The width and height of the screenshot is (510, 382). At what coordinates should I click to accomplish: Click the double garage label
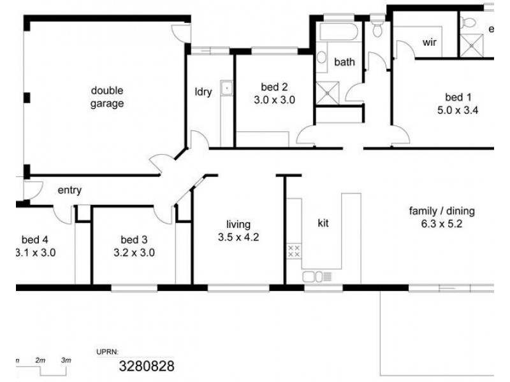point(107,97)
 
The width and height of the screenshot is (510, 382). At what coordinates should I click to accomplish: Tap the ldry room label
point(203,92)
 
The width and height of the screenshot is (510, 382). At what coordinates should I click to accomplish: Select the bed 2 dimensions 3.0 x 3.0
point(275,100)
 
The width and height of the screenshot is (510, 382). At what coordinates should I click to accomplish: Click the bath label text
point(344,62)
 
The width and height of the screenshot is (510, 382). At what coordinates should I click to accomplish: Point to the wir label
point(429,42)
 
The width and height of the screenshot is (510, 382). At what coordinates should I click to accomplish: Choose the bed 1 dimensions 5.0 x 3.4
point(458,110)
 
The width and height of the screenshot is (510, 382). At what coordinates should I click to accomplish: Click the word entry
point(69,190)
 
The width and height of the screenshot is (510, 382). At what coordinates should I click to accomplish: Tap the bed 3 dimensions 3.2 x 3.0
point(134,252)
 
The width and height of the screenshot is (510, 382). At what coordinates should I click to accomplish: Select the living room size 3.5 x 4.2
point(238,237)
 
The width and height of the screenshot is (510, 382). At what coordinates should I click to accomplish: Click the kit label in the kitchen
point(323,223)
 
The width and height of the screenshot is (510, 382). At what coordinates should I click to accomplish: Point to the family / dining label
point(442,211)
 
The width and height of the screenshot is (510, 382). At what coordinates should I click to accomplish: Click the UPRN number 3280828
point(147,366)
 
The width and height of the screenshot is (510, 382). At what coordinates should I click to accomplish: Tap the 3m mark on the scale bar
point(66,360)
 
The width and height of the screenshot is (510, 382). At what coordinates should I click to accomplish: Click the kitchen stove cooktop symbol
point(294,251)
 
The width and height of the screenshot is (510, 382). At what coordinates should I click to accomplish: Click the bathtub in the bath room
point(339,31)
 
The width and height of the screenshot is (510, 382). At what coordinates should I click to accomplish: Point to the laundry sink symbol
point(227,88)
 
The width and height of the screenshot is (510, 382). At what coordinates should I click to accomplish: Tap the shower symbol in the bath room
point(328,93)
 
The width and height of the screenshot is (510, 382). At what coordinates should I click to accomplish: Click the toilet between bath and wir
point(377,27)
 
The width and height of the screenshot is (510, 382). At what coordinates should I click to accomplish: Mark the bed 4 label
point(35,240)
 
